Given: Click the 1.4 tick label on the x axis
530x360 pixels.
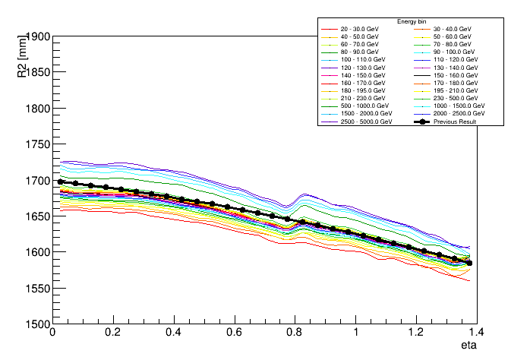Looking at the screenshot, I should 477,333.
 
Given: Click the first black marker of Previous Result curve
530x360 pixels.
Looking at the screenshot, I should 60,182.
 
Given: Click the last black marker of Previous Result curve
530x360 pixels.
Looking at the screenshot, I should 469,263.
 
